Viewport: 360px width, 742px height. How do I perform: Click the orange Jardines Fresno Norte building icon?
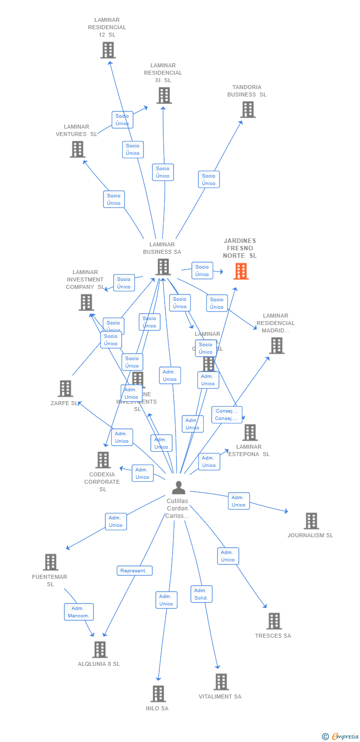241,271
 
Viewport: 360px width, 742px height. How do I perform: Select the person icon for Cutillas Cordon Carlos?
179,488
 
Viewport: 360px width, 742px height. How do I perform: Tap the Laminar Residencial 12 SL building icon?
108,50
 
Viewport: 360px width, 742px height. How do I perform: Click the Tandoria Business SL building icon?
248,109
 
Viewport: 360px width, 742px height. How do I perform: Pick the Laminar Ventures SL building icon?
77,149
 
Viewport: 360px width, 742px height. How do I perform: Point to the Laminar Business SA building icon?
163,267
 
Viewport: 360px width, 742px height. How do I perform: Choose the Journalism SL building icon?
311,521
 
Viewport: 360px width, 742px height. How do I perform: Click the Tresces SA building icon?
274,621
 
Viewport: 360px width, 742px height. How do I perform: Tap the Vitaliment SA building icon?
221,682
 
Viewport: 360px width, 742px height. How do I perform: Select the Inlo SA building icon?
158,694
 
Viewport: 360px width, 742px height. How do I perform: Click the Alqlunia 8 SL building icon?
100,649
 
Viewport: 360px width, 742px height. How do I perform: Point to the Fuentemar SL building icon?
50,562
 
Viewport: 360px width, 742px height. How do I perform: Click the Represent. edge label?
135,571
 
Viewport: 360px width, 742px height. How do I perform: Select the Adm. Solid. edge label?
201,594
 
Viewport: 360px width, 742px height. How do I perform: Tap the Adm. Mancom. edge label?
79,612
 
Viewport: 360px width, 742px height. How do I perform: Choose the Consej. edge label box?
227,415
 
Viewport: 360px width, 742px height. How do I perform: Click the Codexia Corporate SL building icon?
103,460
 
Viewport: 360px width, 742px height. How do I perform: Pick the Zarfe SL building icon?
65,389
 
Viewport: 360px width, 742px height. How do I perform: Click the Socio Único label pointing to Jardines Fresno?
202,271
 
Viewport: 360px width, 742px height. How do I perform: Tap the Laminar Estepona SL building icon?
250,432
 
